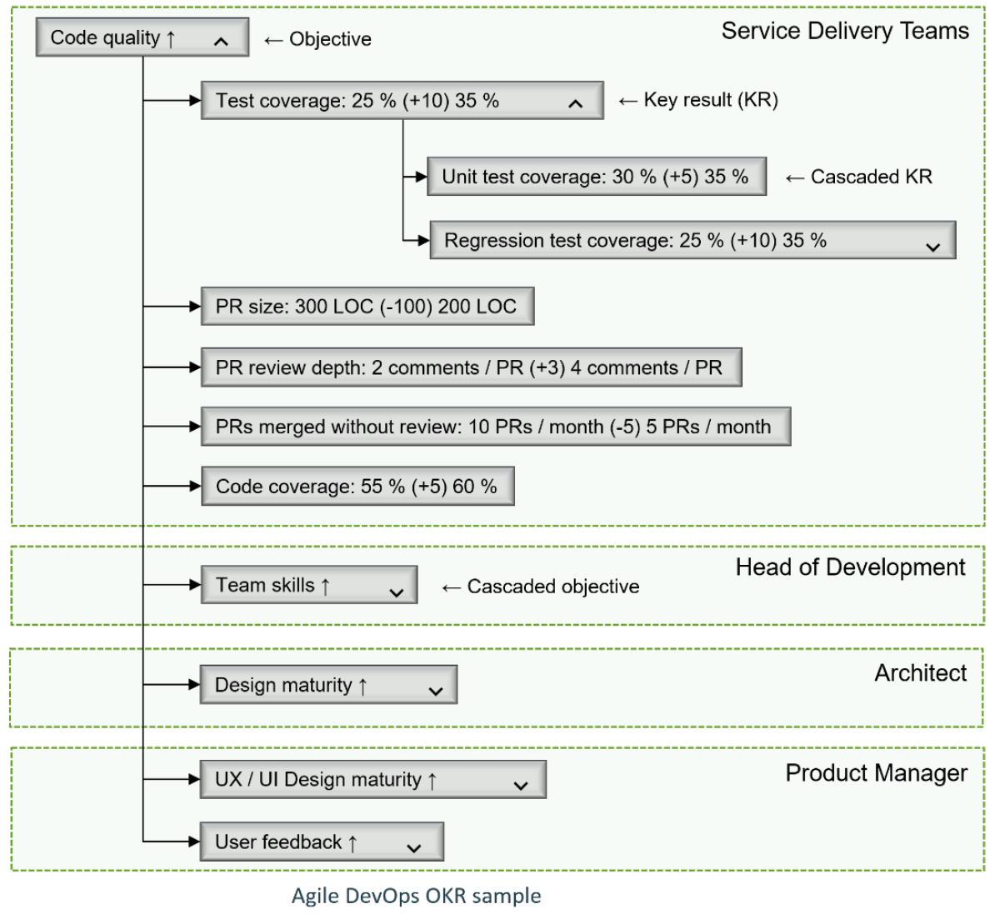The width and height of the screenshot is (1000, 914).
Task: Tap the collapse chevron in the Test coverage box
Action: [575, 103]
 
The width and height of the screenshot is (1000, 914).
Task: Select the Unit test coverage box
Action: [596, 177]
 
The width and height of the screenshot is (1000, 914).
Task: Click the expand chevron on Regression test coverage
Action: [932, 247]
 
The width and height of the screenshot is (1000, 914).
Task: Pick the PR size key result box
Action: [367, 307]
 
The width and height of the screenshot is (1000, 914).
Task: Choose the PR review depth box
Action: [471, 368]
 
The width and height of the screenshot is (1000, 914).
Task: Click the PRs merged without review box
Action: [495, 427]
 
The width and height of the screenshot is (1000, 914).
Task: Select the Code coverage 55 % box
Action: [357, 487]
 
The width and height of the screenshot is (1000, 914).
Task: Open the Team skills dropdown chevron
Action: [397, 592]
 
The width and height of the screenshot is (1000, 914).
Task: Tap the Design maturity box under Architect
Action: [327, 685]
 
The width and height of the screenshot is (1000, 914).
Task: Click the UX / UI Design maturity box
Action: [372, 780]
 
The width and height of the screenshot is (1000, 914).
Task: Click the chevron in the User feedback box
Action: [414, 848]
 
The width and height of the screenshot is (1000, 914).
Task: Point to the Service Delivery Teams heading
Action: [845, 32]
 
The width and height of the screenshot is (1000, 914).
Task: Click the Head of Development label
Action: [850, 567]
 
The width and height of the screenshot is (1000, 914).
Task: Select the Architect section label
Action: [920, 673]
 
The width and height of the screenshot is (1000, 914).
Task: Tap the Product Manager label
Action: [876, 773]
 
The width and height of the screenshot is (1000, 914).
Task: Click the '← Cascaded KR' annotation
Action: [859, 177]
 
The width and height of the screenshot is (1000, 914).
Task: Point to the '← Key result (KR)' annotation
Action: [698, 100]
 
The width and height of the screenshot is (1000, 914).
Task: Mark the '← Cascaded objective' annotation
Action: [541, 587]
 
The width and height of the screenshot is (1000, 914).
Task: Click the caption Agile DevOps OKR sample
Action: [416, 896]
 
